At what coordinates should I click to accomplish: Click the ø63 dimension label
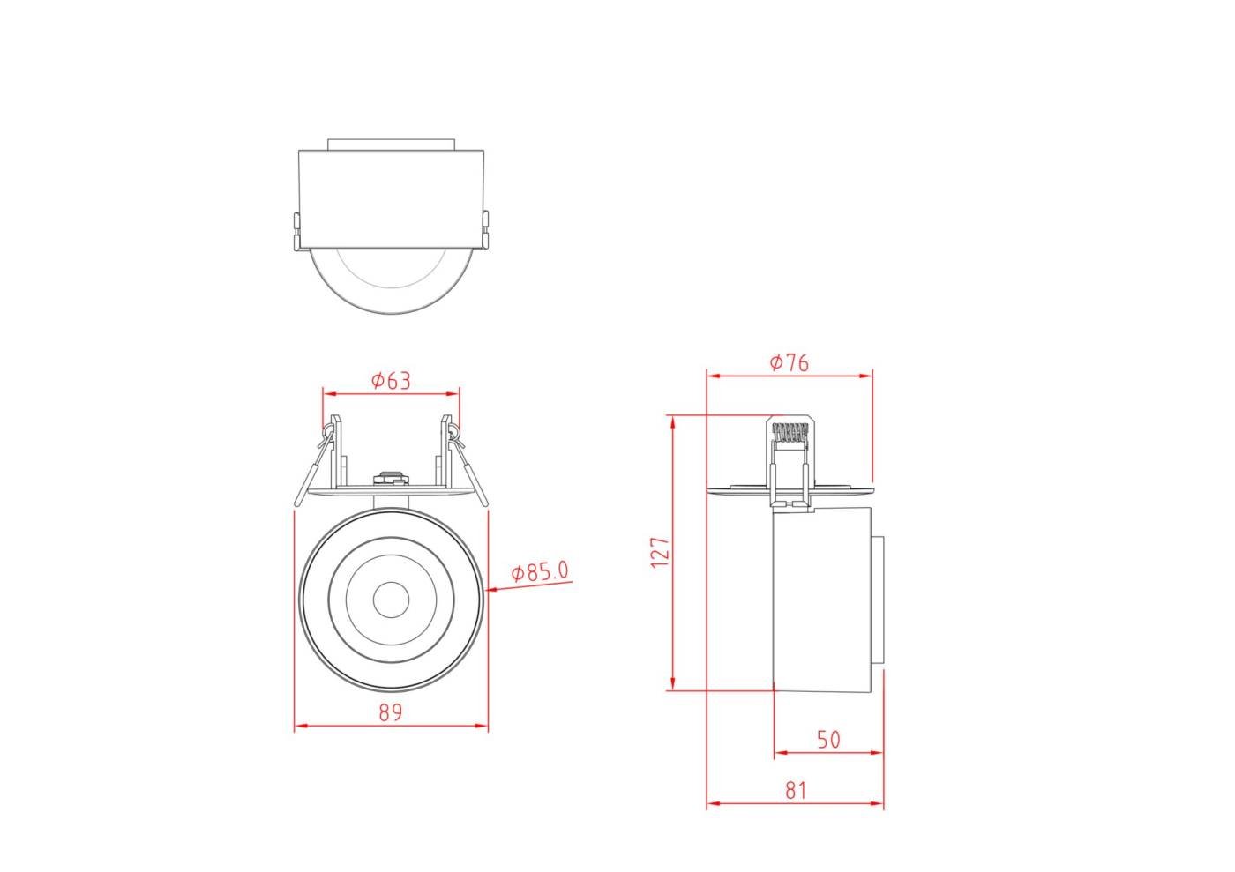click(x=391, y=380)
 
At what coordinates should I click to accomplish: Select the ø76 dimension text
click(x=789, y=362)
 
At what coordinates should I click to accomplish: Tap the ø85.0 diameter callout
click(x=540, y=572)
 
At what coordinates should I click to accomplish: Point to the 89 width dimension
click(x=391, y=712)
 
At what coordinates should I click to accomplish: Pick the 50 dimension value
click(x=827, y=740)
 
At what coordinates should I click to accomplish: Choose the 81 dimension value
click(x=796, y=790)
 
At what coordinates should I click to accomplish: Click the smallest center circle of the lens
click(x=390, y=600)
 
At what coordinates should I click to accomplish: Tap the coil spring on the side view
click(x=790, y=434)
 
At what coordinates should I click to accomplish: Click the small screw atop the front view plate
click(x=391, y=479)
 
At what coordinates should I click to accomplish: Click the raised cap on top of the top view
click(x=391, y=144)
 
